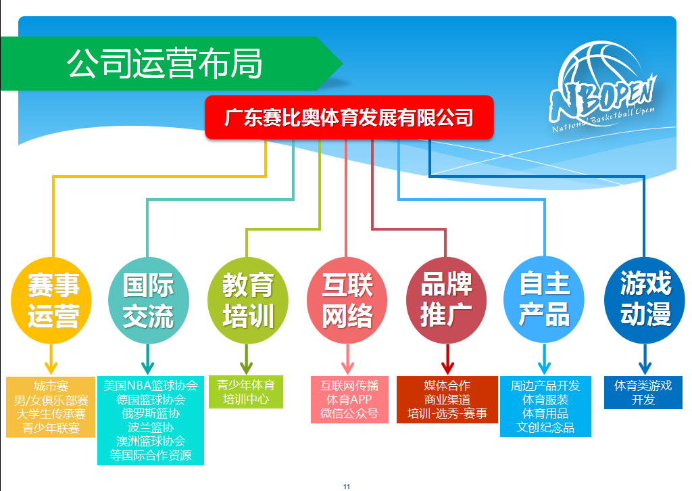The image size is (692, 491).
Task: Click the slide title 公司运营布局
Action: point(165,64)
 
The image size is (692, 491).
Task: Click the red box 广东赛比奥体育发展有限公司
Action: point(349,118)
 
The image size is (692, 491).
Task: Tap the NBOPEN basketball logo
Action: point(603,86)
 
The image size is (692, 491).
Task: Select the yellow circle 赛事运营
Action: point(51,300)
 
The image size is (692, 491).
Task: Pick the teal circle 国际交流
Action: point(148,300)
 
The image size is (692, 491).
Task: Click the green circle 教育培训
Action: point(247,300)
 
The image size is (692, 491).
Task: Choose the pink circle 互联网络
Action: point(347,300)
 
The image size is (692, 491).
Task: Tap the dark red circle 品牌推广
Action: point(446,300)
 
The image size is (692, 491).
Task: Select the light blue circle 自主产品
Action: point(544,300)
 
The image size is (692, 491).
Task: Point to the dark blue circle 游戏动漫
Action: point(645,300)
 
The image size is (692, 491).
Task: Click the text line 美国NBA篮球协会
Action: point(151,385)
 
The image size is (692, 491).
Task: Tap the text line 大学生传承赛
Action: point(51,414)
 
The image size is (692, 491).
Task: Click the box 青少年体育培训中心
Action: point(246,392)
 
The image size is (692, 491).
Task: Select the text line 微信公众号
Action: point(349,414)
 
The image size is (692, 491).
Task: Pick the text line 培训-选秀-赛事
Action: point(447,414)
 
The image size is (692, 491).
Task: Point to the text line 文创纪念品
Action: point(545,428)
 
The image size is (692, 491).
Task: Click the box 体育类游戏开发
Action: point(643,392)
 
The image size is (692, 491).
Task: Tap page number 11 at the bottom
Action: point(347,486)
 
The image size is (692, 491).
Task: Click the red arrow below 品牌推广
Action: point(447,359)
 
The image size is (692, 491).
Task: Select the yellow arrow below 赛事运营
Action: point(51,359)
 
